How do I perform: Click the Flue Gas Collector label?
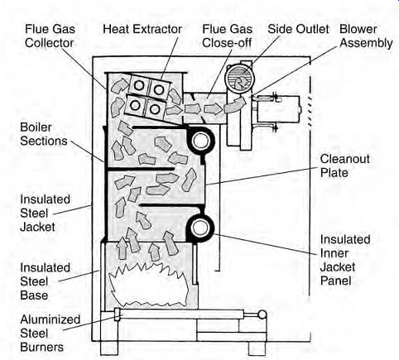pyautogui.click(x=50, y=36)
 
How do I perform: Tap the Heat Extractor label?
pyautogui.click(x=142, y=29)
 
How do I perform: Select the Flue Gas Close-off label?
pyautogui.click(x=227, y=36)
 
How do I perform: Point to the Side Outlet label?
pyautogui.click(x=298, y=29)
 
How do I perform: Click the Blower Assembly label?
pyautogui.click(x=366, y=36)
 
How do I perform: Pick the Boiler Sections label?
pyautogui.click(x=44, y=134)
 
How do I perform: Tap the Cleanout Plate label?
pyautogui.click(x=344, y=166)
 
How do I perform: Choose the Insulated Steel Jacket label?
pyautogui.click(x=45, y=213)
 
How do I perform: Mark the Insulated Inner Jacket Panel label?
pyautogui.click(x=345, y=260)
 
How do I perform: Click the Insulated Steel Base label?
pyautogui.click(x=45, y=281)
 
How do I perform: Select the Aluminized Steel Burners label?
pyautogui.click(x=50, y=334)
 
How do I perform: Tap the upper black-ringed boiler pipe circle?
pyautogui.click(x=200, y=141)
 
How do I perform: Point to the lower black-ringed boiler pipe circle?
pyautogui.click(x=200, y=228)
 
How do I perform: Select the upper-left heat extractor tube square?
pyautogui.click(x=139, y=85)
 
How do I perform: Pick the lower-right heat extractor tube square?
pyautogui.click(x=155, y=109)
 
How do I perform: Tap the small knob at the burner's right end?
pyautogui.click(x=262, y=314)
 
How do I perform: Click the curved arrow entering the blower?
pyautogui.click(x=235, y=104)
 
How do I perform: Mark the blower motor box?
pyautogui.click(x=278, y=109)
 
